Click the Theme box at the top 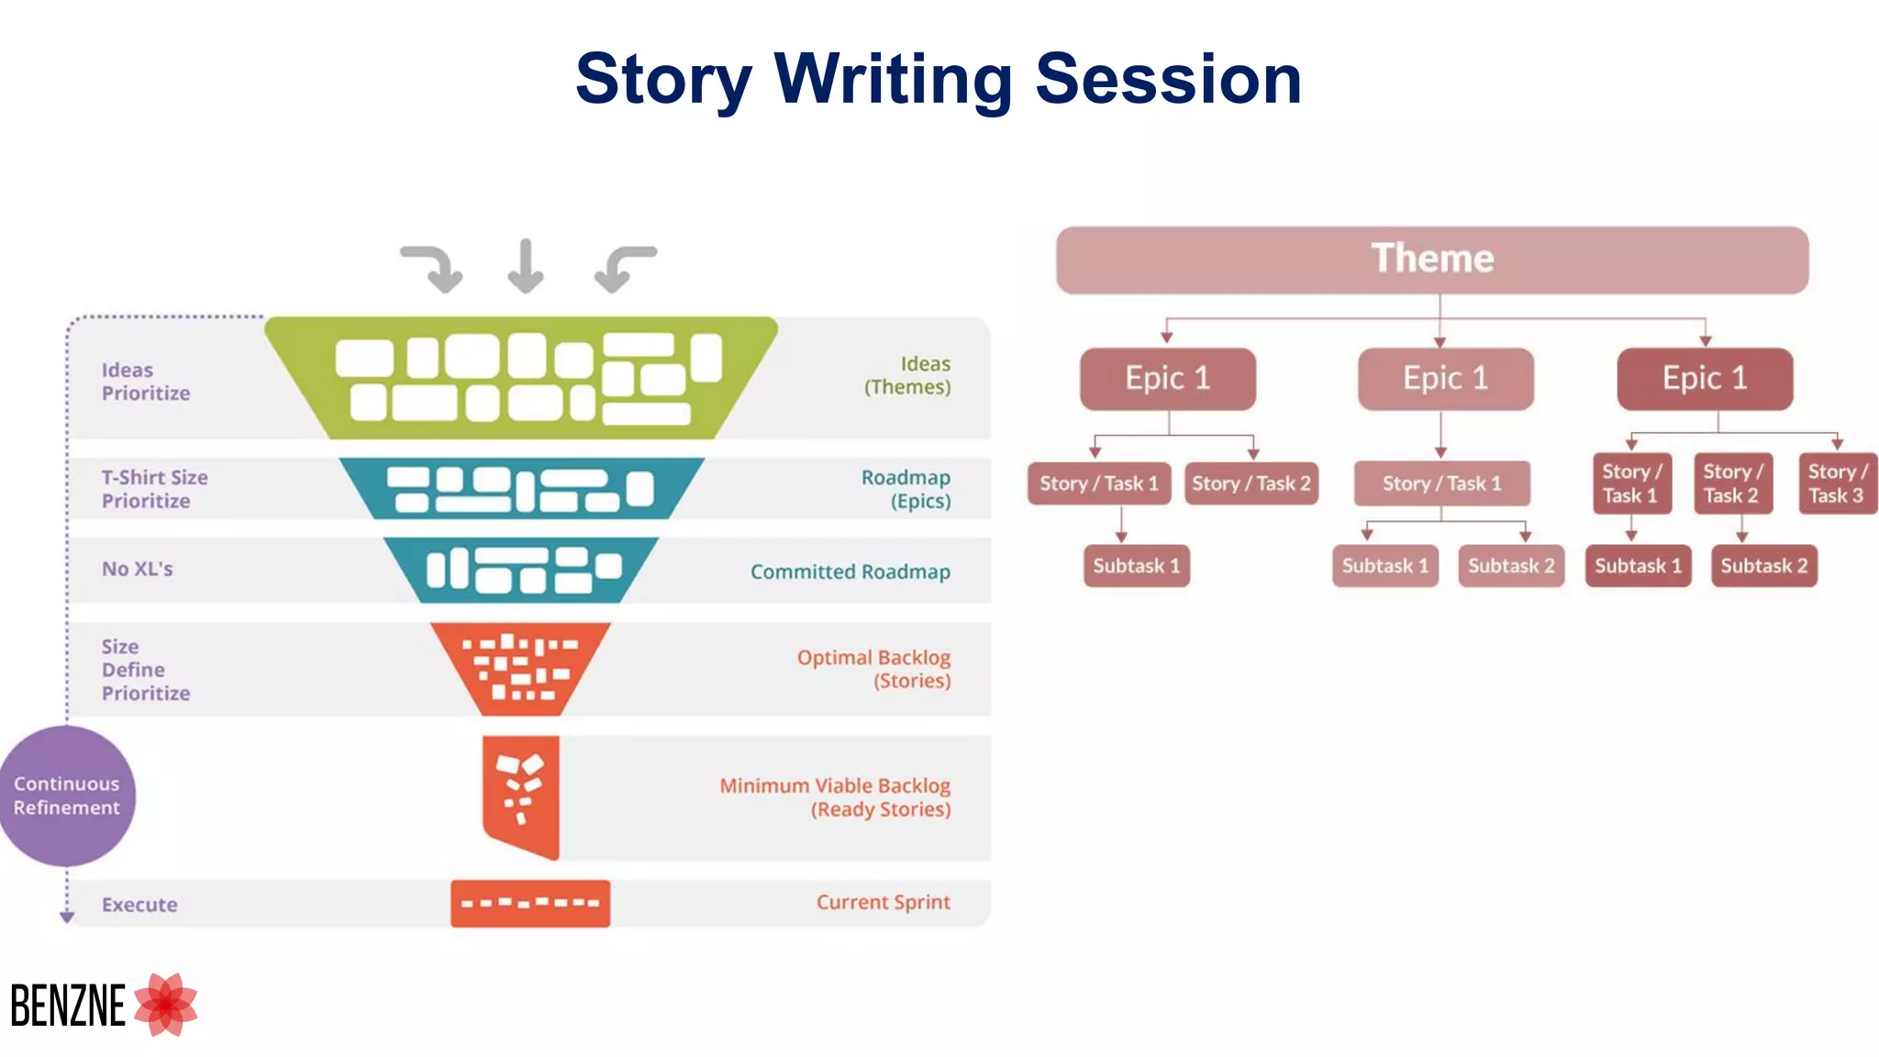click(1431, 260)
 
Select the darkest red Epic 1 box click(1705, 378)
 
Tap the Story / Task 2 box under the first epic click(1251, 484)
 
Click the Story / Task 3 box click(1837, 484)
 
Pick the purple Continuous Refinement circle click(67, 796)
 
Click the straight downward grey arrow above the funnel click(526, 266)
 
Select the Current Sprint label click(883, 902)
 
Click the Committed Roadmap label click(850, 572)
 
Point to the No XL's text click(138, 569)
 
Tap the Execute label click(139, 905)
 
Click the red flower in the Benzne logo click(166, 1005)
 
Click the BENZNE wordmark click(68, 1006)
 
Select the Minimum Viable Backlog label click(834, 797)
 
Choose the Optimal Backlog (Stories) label click(873, 669)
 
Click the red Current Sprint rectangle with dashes click(530, 904)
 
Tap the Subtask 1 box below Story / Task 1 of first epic click(1136, 566)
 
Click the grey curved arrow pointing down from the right click(626, 268)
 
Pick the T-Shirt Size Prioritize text click(154, 489)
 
